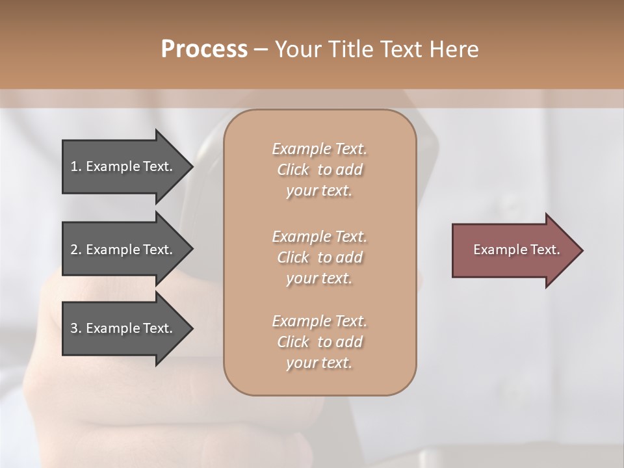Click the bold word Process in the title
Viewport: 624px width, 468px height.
(204, 49)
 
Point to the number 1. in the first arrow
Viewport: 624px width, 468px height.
(76, 166)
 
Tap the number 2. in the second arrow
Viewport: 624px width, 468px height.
(76, 250)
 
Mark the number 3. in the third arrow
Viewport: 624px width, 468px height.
(76, 328)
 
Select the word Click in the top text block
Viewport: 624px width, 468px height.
(293, 170)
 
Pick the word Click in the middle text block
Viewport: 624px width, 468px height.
(293, 257)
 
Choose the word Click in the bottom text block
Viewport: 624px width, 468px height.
(293, 342)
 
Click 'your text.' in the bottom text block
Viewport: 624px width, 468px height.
(319, 363)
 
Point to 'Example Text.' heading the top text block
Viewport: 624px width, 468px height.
(319, 149)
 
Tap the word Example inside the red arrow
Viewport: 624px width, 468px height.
(496, 250)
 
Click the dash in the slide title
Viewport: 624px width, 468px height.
(261, 50)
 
